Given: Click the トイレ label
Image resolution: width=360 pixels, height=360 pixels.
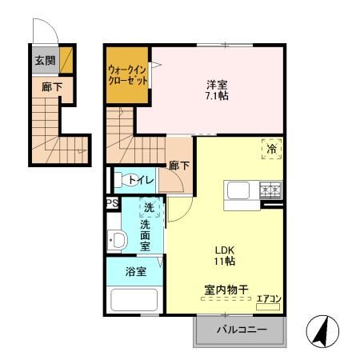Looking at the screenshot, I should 142,181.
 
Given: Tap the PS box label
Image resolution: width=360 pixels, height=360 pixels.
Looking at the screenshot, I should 113,203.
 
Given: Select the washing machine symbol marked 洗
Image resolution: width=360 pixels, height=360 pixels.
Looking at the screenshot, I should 150,210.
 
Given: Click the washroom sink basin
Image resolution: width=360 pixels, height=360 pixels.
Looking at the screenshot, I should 118,239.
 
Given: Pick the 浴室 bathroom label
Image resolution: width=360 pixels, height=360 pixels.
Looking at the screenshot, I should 135,272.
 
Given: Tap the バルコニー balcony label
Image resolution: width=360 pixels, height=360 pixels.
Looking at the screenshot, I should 239,330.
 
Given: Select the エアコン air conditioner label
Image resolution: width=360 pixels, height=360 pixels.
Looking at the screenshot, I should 269,300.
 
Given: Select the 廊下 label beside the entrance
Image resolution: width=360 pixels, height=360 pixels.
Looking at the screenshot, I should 51,86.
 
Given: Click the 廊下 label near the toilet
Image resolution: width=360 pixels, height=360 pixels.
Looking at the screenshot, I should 178,166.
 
